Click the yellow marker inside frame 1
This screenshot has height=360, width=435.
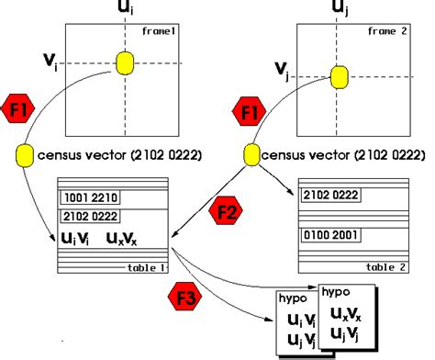click(125, 62)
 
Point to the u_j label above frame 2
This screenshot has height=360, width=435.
click(340, 10)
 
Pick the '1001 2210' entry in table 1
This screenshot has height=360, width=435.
click(90, 197)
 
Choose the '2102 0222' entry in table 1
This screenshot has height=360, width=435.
click(92, 216)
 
